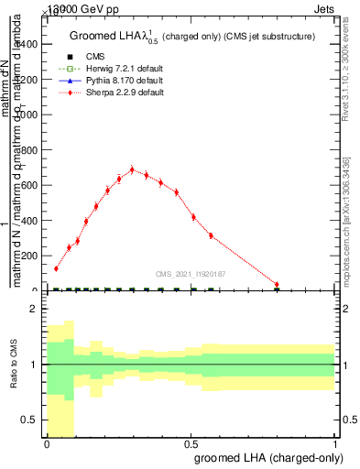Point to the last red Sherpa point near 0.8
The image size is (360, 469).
click(x=277, y=285)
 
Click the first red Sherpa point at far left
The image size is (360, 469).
click(x=56, y=268)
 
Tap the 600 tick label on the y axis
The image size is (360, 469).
click(x=30, y=185)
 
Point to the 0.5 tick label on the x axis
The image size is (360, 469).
click(x=191, y=442)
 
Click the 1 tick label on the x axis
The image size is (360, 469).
click(x=335, y=442)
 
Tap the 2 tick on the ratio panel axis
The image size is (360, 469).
click(x=34, y=310)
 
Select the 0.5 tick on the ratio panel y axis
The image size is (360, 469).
click(x=30, y=420)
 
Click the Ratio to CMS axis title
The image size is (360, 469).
click(x=13, y=365)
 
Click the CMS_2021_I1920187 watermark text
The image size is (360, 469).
click(x=191, y=273)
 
